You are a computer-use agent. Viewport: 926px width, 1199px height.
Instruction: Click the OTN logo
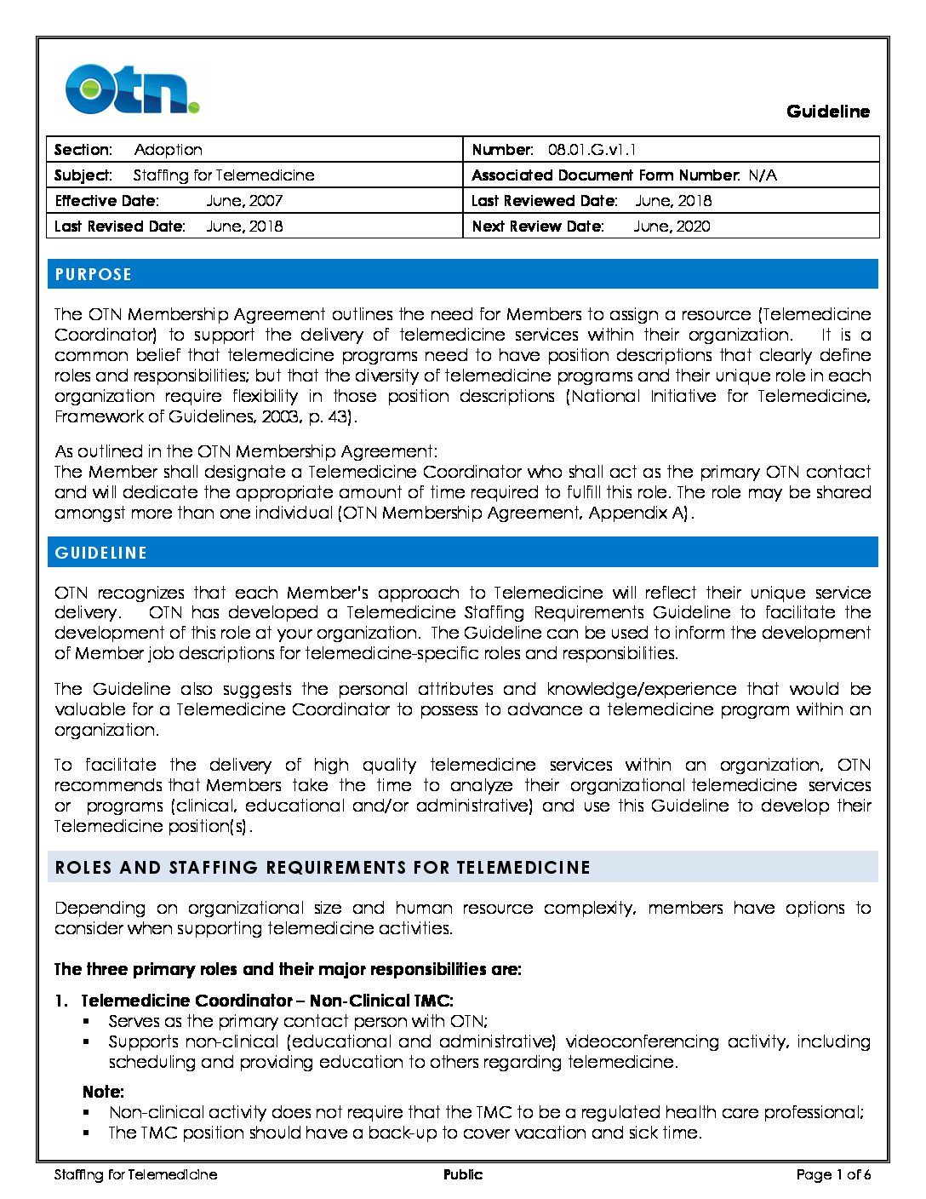[x=133, y=89]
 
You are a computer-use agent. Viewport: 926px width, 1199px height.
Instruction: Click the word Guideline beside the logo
[x=827, y=112]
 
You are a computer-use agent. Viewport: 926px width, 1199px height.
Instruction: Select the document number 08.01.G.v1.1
[x=592, y=150]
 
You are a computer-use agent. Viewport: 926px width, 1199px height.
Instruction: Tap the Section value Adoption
[x=168, y=150]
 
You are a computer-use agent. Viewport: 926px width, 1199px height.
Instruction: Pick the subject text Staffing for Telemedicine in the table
[x=224, y=175]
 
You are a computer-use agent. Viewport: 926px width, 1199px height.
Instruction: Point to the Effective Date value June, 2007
[x=244, y=201]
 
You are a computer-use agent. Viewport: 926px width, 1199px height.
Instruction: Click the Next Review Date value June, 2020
[x=672, y=227]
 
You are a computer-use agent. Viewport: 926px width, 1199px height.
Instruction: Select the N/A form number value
[x=763, y=175]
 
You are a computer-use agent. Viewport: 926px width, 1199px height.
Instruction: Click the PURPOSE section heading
[x=94, y=274]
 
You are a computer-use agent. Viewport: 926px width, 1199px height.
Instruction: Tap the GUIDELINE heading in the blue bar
[x=101, y=553]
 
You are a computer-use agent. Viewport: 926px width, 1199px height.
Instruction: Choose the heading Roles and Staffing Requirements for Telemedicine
[x=323, y=868]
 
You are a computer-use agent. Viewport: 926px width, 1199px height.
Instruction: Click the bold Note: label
[x=103, y=1092]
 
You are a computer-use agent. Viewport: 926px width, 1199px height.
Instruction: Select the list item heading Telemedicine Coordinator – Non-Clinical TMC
[x=266, y=1001]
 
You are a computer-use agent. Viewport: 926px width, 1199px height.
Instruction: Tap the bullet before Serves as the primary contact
[x=87, y=1021]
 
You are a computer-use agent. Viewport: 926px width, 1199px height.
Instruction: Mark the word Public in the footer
[x=463, y=1175]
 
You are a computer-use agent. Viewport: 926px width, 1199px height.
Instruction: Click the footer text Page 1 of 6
[x=833, y=1175]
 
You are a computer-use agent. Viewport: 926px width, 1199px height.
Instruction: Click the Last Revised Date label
[x=119, y=227]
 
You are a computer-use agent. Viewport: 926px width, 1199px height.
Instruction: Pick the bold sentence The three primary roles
[x=288, y=969]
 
